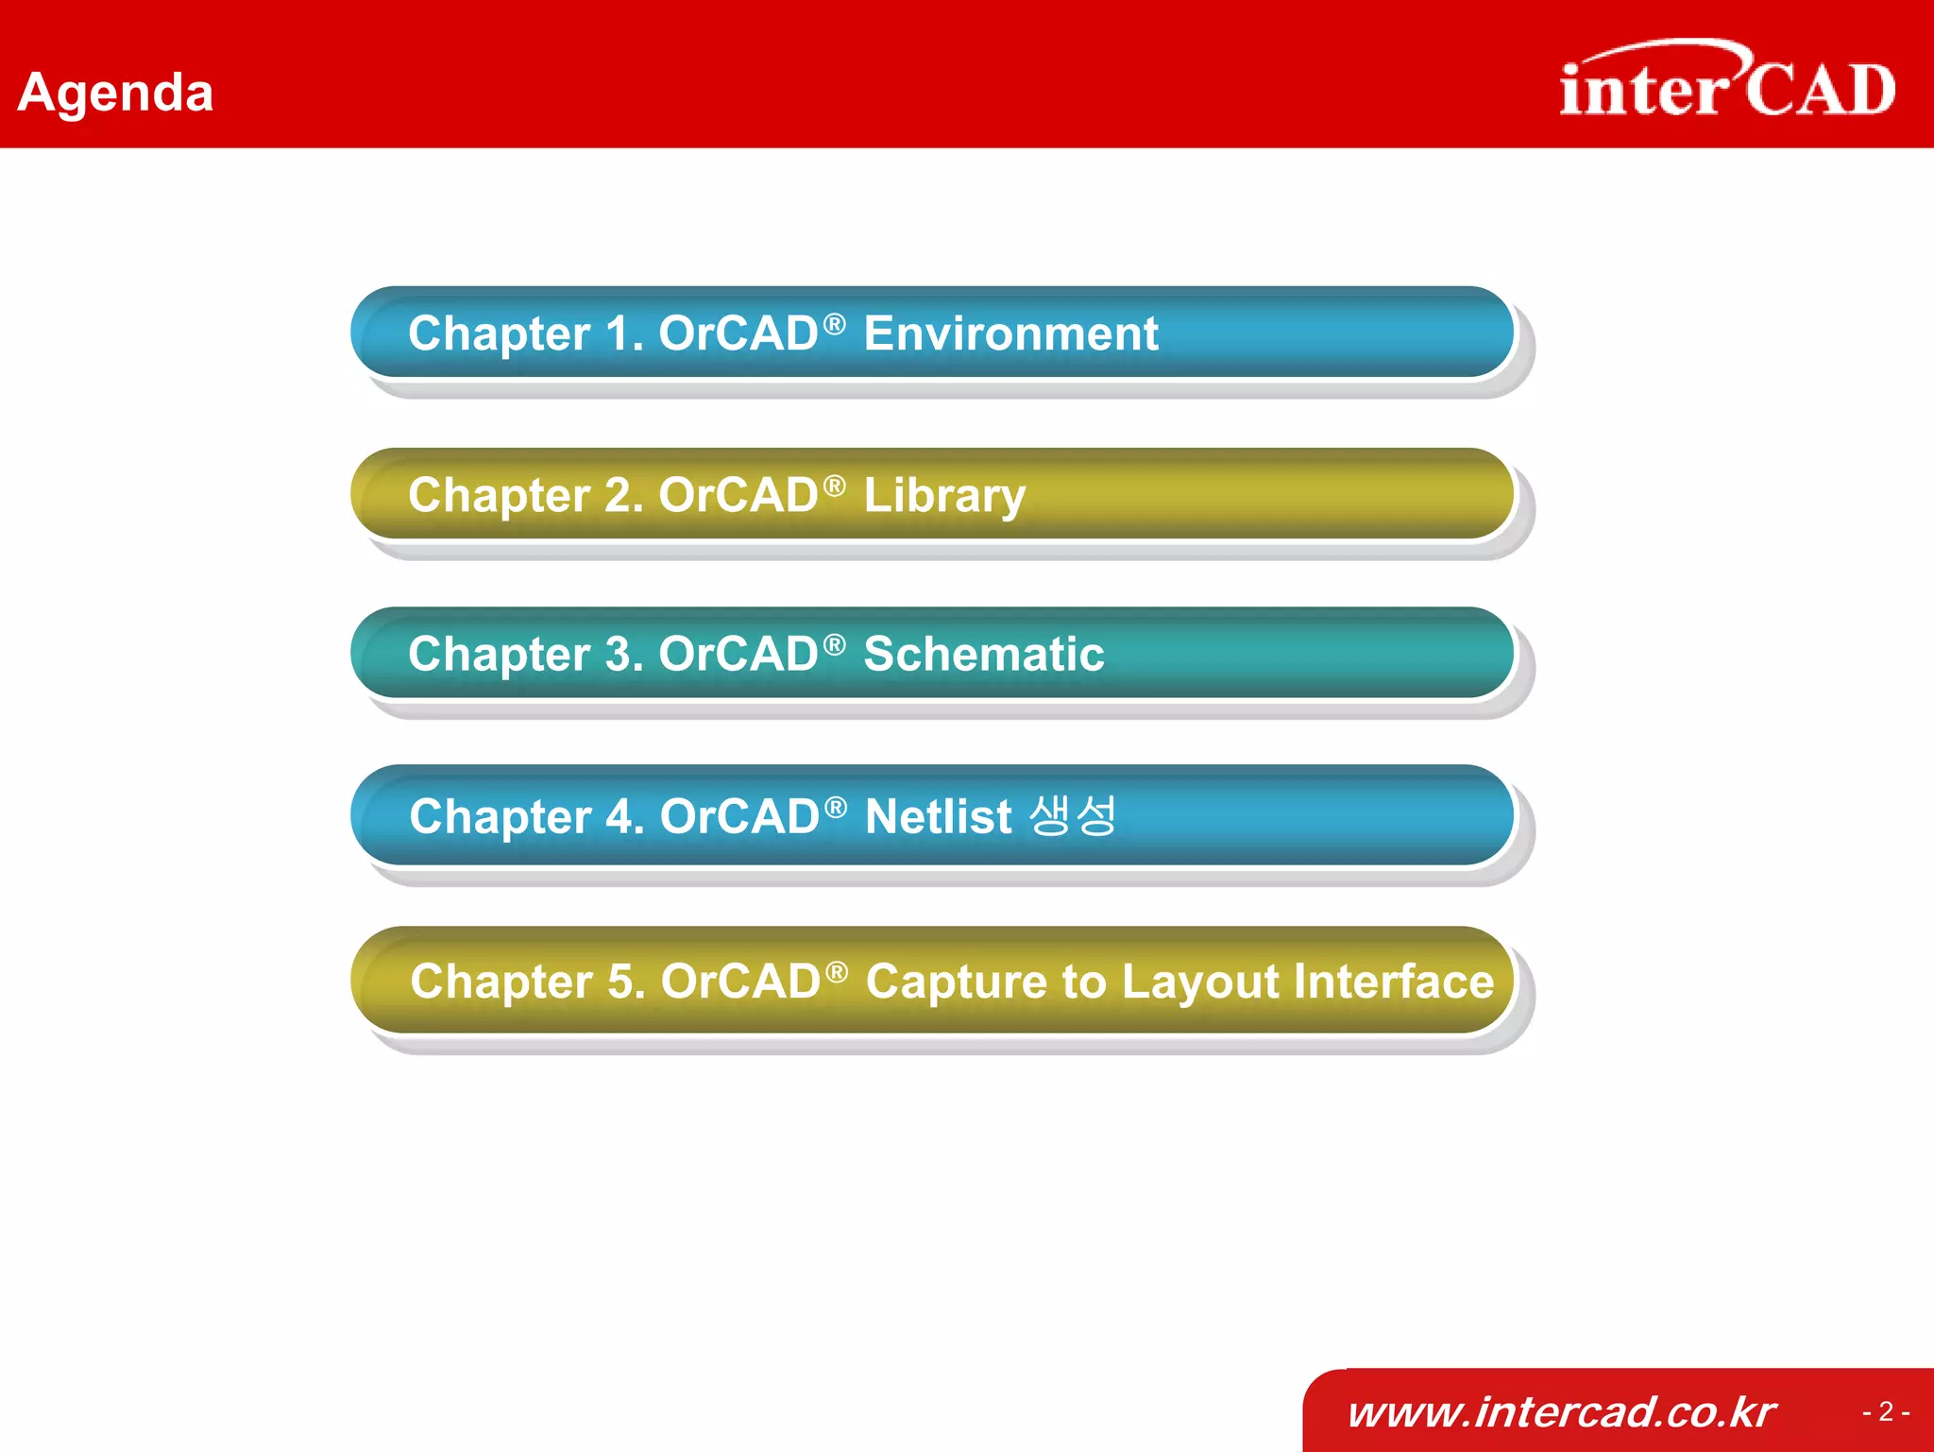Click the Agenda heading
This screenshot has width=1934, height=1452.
pyautogui.click(x=115, y=94)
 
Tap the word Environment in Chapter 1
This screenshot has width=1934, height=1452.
pyautogui.click(x=1009, y=333)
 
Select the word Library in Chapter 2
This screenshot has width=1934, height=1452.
pyautogui.click(x=943, y=496)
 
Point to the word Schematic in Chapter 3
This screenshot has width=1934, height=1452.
pyautogui.click(x=983, y=654)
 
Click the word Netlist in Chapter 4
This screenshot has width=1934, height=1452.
pyautogui.click(x=938, y=816)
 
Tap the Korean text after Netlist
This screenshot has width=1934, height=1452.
pyautogui.click(x=1073, y=814)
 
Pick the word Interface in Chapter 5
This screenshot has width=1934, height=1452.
pyautogui.click(x=1394, y=981)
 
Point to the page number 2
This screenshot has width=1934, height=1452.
pyautogui.click(x=1886, y=1411)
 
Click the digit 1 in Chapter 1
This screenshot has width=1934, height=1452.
pyautogui.click(x=619, y=333)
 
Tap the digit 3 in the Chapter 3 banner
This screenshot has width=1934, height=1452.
pyautogui.click(x=619, y=654)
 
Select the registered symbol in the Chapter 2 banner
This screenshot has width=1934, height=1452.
pyautogui.click(x=834, y=486)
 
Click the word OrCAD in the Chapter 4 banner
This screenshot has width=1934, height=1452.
pyautogui.click(x=738, y=816)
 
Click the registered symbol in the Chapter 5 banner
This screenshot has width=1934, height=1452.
pyautogui.click(x=836, y=971)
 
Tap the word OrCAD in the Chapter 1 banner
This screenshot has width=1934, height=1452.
pyautogui.click(x=738, y=333)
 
